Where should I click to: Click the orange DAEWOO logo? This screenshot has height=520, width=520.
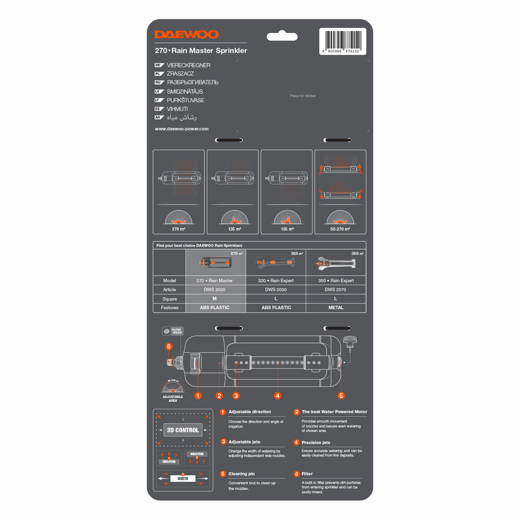coord(186,35)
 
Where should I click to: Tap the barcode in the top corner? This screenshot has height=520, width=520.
coord(342,41)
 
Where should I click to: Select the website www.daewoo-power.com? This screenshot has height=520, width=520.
coord(182,129)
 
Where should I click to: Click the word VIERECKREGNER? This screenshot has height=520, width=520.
coord(188,65)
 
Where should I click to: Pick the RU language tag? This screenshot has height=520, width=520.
coord(158,82)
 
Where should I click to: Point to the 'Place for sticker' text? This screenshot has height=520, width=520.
coord(303,96)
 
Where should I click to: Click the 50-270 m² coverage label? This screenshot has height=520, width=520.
coord(340,229)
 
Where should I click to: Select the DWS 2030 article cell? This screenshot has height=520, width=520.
coord(276,290)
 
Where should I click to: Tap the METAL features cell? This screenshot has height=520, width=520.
coord(336,308)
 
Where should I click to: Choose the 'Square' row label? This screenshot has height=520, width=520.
coord(169,299)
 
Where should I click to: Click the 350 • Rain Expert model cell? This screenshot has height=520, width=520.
coord(336,281)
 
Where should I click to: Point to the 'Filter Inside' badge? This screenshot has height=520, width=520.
coord(173,331)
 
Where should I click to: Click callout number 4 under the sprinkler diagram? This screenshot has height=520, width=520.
coord(277,396)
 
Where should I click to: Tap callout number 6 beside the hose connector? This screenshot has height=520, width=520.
coord(169,347)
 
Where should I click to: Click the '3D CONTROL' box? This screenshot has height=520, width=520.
coord(183,430)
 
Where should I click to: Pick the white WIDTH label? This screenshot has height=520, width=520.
coord(183,479)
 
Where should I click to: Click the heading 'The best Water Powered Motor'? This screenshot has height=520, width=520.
coord(334,412)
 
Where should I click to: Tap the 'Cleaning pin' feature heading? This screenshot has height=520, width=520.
coord(241,474)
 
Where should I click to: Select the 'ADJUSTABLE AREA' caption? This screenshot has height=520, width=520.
coord(173,399)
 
